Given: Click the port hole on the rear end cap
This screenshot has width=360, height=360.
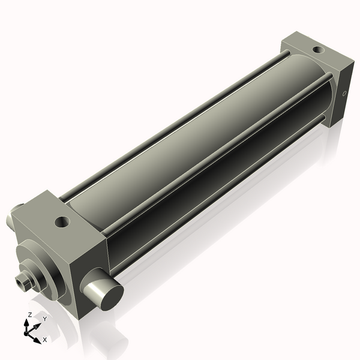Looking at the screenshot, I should coord(315,46).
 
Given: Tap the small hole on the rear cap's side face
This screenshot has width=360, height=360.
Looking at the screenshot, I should coord(344,94).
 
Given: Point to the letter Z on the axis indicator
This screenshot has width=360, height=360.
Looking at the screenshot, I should coord(29,315).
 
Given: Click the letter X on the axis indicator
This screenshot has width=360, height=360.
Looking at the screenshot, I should coord(44,340).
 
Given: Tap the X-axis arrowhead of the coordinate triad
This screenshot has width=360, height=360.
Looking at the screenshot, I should coord(38,337).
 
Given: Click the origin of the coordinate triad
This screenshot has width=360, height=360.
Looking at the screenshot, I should coord(28,331).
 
